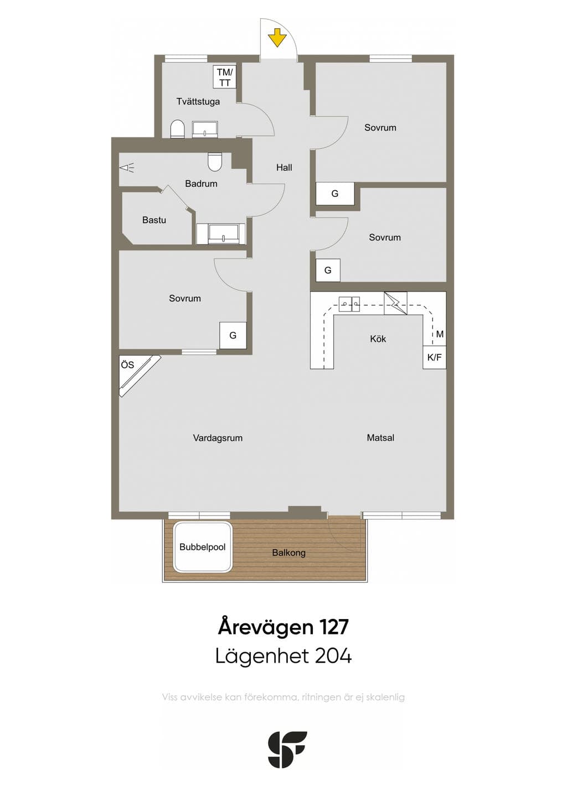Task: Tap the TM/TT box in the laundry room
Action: tap(224, 77)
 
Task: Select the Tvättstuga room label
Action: tap(198, 102)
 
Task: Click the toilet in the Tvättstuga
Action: tap(177, 129)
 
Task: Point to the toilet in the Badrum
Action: tap(215, 162)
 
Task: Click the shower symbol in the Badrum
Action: tap(127, 168)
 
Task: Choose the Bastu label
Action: tap(154, 220)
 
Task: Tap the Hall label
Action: tap(284, 168)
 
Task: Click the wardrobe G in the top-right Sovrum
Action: tap(334, 194)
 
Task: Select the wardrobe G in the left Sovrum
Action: tap(233, 335)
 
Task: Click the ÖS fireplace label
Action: tap(127, 365)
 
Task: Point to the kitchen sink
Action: tap(349, 304)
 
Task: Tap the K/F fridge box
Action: tap(434, 357)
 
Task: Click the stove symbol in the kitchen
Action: tap(395, 303)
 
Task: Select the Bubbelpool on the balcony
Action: tap(202, 547)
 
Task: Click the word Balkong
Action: tap(288, 553)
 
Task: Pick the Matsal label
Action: tap(380, 438)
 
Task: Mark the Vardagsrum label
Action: tap(218, 438)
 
